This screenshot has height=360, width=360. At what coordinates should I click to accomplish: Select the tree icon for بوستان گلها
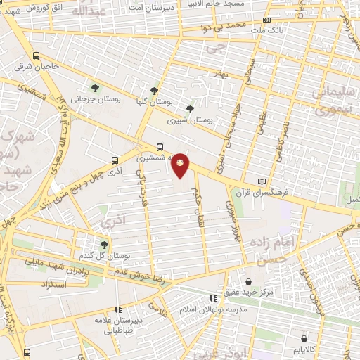[x=154, y=91]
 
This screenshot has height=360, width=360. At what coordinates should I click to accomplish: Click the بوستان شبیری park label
[x=190, y=120]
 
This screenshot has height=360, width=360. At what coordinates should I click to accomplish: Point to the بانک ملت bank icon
[x=266, y=21]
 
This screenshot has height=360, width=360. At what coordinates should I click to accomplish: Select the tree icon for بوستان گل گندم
[x=105, y=245]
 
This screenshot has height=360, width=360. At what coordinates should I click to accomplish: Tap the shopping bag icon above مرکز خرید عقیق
[x=247, y=281]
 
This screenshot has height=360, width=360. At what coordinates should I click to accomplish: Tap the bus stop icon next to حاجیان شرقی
[x=37, y=56]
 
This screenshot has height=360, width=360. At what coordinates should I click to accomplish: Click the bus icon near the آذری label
[x=115, y=160]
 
